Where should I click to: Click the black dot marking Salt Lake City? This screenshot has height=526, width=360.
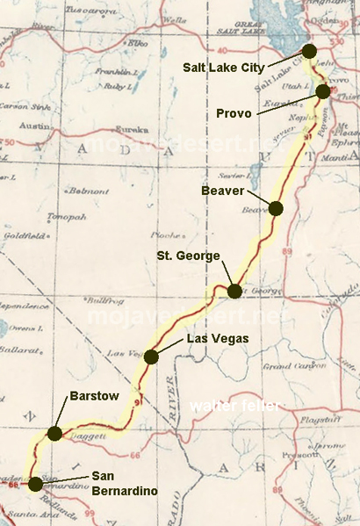click(x=309, y=50)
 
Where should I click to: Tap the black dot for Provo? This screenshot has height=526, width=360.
click(x=323, y=91)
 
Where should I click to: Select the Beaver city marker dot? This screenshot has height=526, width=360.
click(x=276, y=208)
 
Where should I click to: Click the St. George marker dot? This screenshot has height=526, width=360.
click(x=234, y=291)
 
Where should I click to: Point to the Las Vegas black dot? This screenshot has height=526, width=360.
click(x=151, y=356)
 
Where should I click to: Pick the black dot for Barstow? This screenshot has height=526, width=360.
click(x=54, y=433)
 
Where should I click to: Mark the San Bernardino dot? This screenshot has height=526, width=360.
click(x=35, y=483)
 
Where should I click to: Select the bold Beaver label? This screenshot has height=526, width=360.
click(x=223, y=190)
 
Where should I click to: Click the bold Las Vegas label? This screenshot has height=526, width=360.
click(x=216, y=338)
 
